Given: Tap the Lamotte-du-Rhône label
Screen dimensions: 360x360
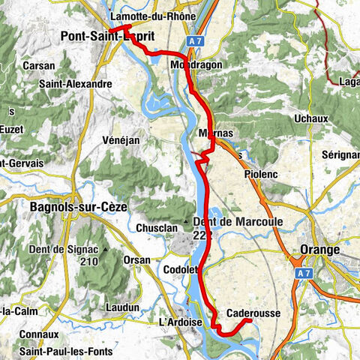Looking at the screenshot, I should click(x=152, y=17).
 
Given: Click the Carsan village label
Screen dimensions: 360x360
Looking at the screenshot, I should click(x=38, y=66).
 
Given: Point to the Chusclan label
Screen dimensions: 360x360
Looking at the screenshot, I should click(x=156, y=227).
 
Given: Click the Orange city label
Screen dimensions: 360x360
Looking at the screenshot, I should click(x=319, y=250).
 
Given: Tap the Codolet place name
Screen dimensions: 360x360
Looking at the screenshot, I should click(x=180, y=269).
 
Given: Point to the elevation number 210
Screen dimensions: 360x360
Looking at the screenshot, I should click(x=91, y=262).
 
